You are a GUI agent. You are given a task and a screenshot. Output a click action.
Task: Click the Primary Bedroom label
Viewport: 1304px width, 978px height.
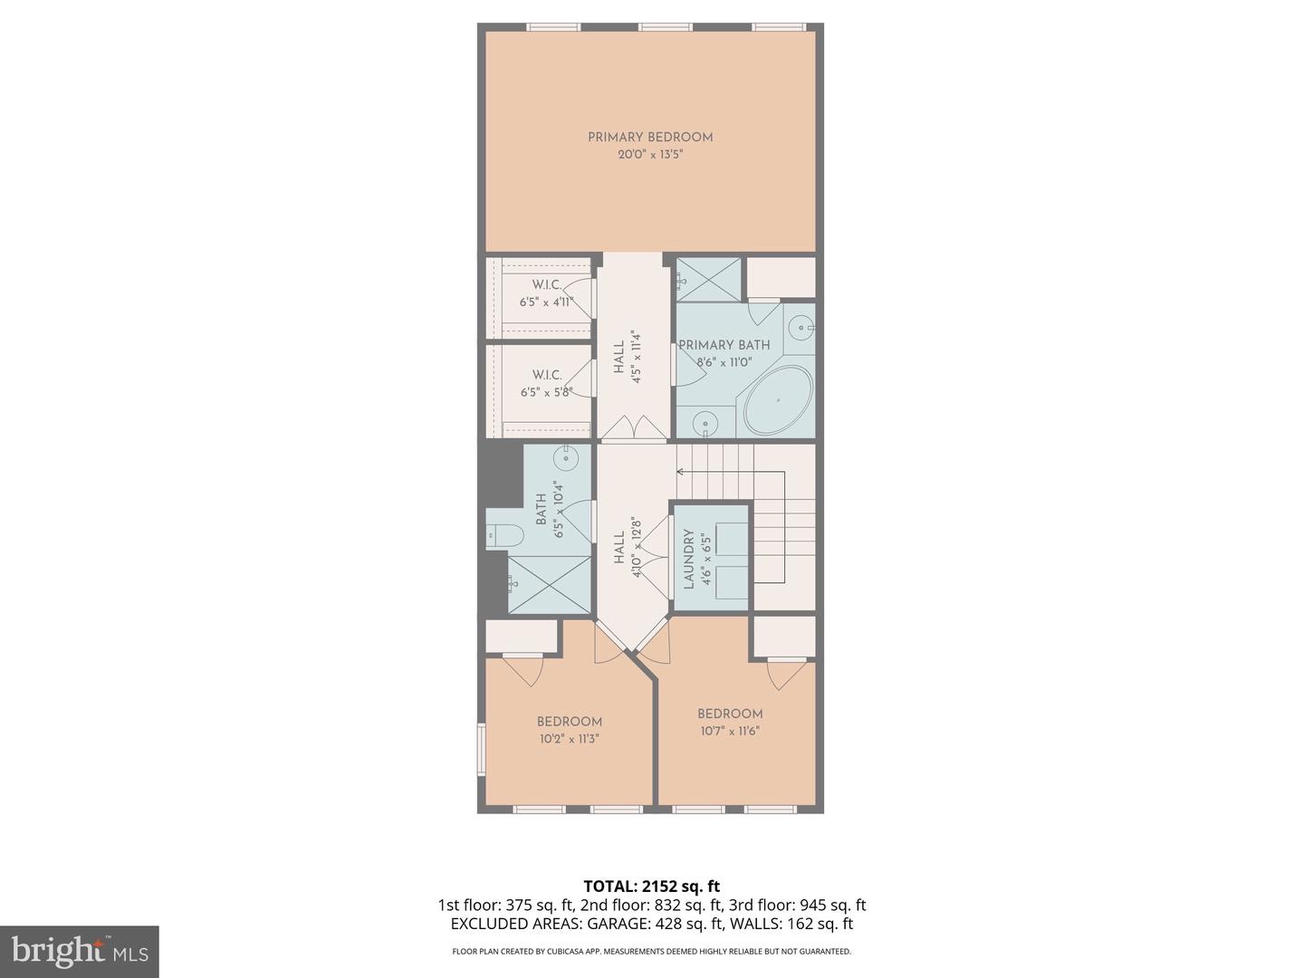[650, 138]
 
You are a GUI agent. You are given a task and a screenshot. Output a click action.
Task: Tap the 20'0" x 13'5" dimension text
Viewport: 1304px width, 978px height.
[650, 155]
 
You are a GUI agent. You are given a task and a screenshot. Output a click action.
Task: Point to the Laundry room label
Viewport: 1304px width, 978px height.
[688, 560]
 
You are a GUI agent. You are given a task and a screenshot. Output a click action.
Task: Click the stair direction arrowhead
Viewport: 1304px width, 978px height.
[680, 471]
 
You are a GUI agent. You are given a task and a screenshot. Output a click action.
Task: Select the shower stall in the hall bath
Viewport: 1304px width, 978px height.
[549, 584]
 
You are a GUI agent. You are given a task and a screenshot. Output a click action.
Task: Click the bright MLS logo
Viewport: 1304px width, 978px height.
[79, 951]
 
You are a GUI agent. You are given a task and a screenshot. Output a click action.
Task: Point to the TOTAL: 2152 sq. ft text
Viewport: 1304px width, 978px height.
[651, 887]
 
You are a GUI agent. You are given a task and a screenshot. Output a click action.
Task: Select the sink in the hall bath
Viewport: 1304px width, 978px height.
[566, 457]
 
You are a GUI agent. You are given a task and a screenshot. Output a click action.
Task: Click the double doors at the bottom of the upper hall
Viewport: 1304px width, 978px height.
[635, 427]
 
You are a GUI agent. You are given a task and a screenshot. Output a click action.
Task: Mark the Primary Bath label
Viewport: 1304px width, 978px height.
[724, 345]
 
